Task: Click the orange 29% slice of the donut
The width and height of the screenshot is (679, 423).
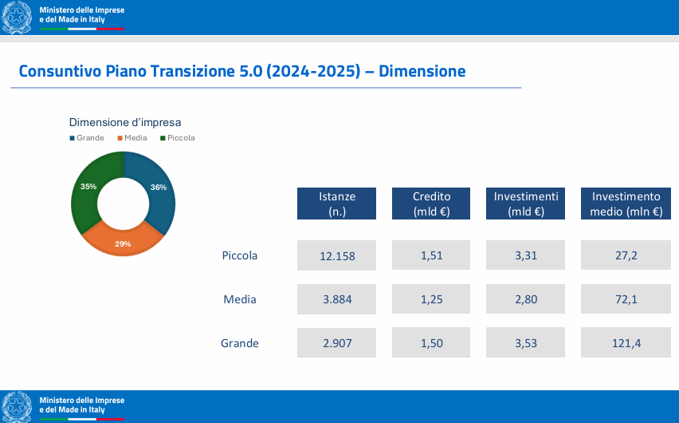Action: (x=123, y=242)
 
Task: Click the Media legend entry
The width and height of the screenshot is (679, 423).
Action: (x=132, y=138)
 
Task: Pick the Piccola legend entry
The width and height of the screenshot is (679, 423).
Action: (x=178, y=138)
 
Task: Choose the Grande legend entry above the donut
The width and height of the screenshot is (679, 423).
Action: (x=87, y=138)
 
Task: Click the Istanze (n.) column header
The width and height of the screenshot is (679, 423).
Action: (x=336, y=204)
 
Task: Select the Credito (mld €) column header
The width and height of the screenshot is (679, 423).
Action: (x=431, y=204)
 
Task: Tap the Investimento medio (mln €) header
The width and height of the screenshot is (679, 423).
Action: (x=626, y=204)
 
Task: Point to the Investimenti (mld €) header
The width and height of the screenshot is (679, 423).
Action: (x=525, y=204)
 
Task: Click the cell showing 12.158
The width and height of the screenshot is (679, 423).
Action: (x=336, y=255)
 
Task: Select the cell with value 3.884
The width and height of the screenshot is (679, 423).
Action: (x=336, y=299)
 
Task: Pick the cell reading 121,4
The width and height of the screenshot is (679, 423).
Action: (x=626, y=342)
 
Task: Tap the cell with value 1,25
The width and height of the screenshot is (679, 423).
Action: (x=431, y=299)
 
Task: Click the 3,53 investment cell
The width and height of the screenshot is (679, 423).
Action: (x=525, y=342)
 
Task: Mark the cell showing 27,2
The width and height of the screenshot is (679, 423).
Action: (x=626, y=255)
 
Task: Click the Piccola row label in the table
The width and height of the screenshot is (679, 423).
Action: (x=239, y=255)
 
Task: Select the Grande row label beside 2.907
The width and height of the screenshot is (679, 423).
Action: (x=239, y=343)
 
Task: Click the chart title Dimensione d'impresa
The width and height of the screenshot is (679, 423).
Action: (x=125, y=122)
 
